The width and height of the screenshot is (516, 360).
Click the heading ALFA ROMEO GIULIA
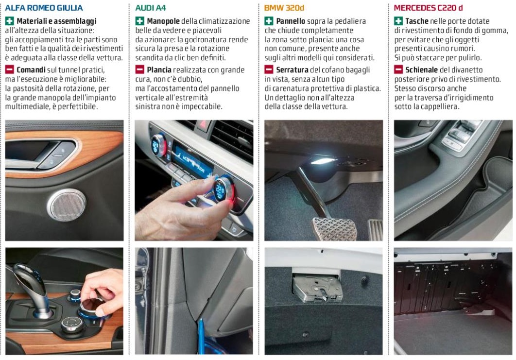coord(44,8)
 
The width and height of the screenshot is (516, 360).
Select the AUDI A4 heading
coord(151,8)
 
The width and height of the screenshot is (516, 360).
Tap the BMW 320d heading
coord(284,8)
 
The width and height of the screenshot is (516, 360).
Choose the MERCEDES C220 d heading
coord(428,8)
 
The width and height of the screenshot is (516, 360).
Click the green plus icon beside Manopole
coord(140,21)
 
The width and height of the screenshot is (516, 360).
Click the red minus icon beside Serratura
coord(269,69)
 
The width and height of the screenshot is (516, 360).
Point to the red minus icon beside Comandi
coord(10,69)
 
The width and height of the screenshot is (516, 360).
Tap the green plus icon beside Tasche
coord(398,21)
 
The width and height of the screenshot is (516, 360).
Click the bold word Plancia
coord(159,70)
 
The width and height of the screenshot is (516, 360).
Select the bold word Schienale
coord(421,70)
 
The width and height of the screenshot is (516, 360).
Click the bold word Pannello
coord(291,21)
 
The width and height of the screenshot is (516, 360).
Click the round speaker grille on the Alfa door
coord(67,205)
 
